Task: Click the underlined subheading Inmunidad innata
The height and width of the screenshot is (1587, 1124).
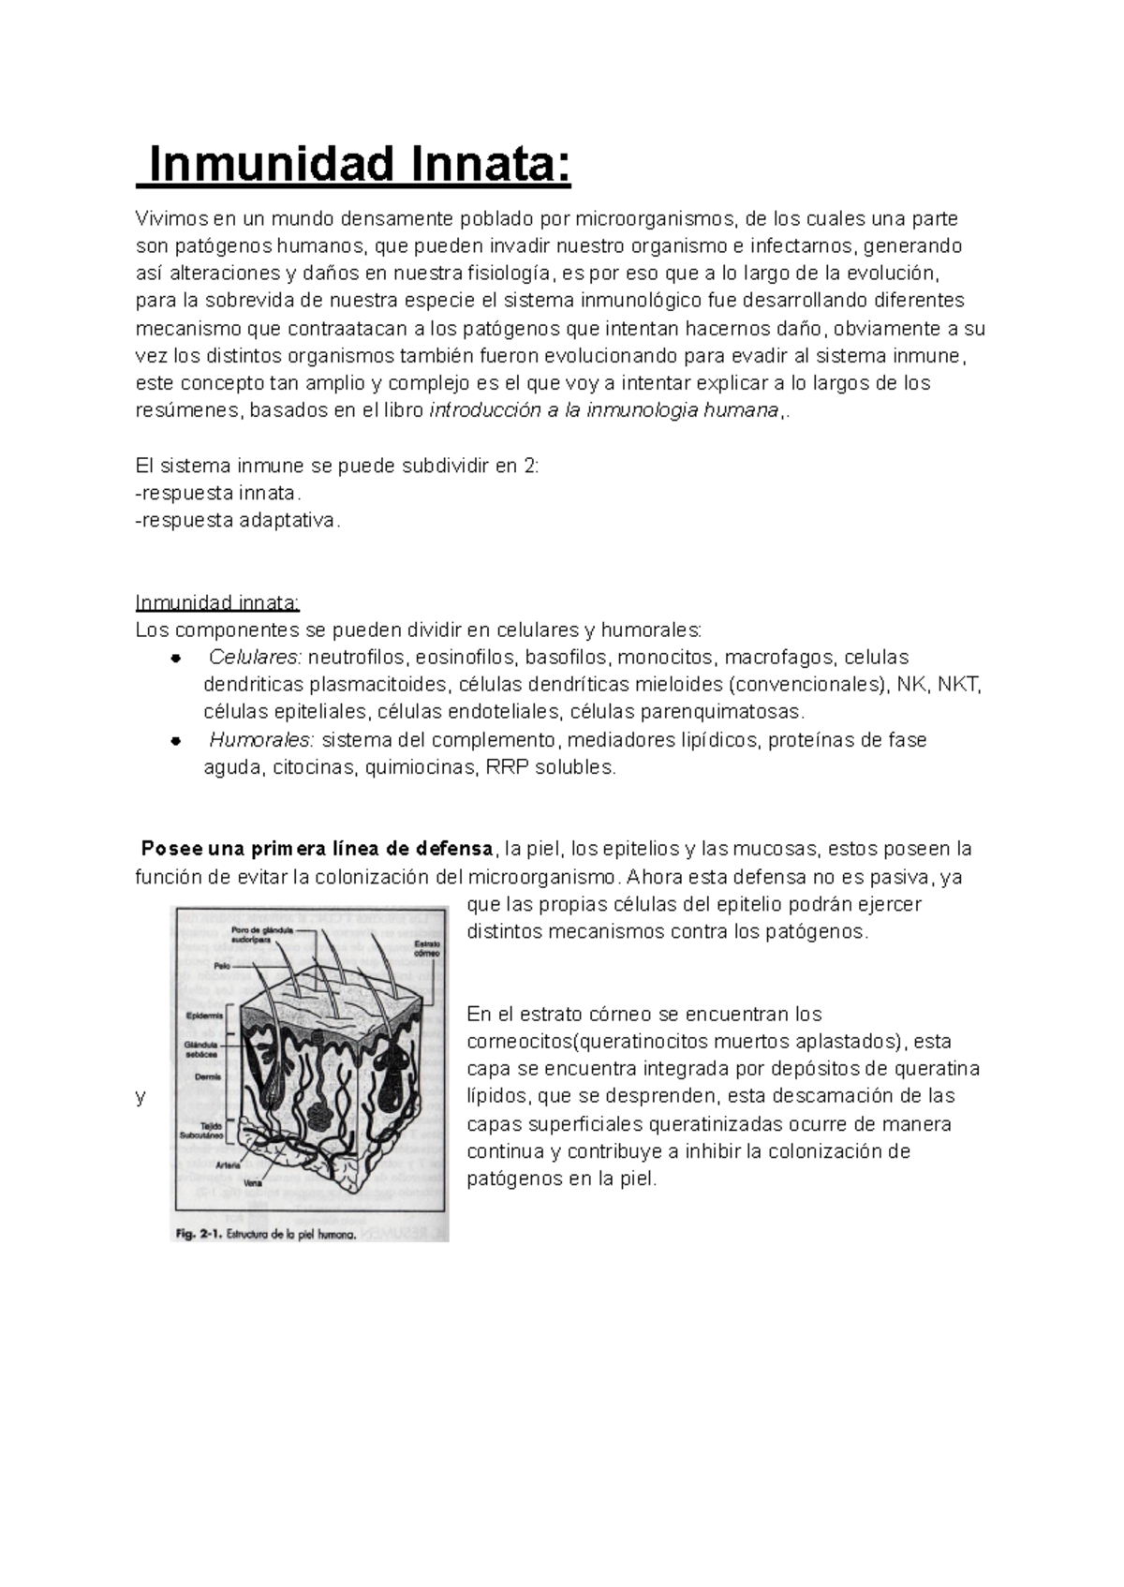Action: coord(217,601)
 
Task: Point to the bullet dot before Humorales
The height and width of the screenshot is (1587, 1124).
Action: coord(174,741)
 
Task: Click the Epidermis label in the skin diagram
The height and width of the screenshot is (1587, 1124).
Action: coord(203,1015)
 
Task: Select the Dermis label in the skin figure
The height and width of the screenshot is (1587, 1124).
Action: coord(207,1077)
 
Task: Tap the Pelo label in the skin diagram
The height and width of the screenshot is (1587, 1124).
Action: coord(221,963)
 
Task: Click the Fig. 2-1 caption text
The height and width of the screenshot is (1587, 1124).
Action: coord(264,1235)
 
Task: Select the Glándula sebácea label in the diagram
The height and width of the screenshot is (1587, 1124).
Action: coord(202,1048)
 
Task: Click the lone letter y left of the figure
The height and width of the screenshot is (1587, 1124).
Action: coord(140,1097)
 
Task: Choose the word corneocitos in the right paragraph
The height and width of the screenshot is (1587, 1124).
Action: coord(518,1042)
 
